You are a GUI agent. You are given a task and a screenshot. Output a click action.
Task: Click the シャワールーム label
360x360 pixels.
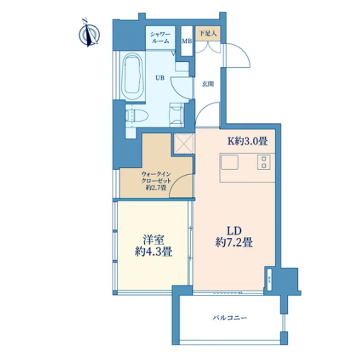[x=160, y=38]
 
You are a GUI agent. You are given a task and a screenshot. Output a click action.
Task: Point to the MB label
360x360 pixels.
[x=187, y=41]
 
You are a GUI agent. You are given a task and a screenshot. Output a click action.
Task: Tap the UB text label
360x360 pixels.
[x=160, y=77]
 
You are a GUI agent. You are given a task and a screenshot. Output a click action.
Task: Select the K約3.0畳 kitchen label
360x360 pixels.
[x=246, y=142]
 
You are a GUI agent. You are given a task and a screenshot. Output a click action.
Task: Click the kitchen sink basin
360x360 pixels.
[x=230, y=162]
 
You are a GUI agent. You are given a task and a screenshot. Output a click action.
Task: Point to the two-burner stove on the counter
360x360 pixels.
[x=264, y=162]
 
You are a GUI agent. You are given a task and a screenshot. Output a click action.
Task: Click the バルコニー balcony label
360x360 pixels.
[x=230, y=317]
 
